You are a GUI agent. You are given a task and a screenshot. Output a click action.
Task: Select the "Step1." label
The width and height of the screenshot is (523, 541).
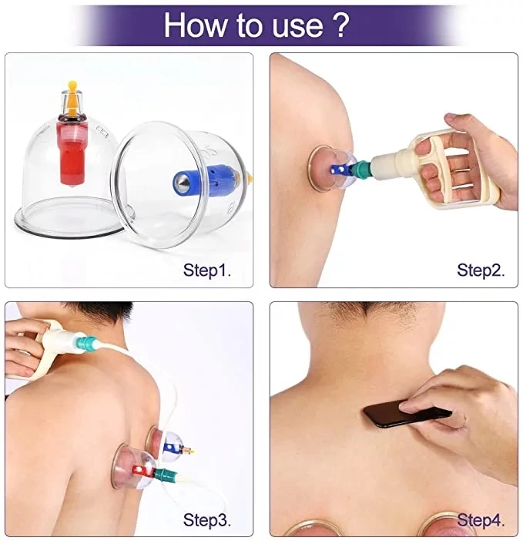[207, 270]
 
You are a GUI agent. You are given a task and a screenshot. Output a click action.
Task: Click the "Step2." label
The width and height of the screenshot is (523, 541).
[481, 270]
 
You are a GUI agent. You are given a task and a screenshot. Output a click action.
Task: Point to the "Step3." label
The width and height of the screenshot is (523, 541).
[207, 520]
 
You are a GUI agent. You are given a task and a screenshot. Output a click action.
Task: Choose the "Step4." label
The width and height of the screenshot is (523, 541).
[481, 520]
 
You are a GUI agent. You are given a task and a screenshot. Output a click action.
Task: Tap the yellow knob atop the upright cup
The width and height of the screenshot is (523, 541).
[72, 93]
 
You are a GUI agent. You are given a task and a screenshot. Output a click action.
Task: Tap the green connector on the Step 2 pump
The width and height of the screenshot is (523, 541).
[361, 167]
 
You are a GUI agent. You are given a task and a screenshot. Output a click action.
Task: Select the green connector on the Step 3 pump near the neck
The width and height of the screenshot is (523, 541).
[86, 344]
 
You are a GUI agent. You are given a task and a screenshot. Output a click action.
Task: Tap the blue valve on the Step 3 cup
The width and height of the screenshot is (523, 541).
[173, 448]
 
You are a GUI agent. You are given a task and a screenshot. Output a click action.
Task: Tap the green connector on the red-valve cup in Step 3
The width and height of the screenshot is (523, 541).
[166, 475]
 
